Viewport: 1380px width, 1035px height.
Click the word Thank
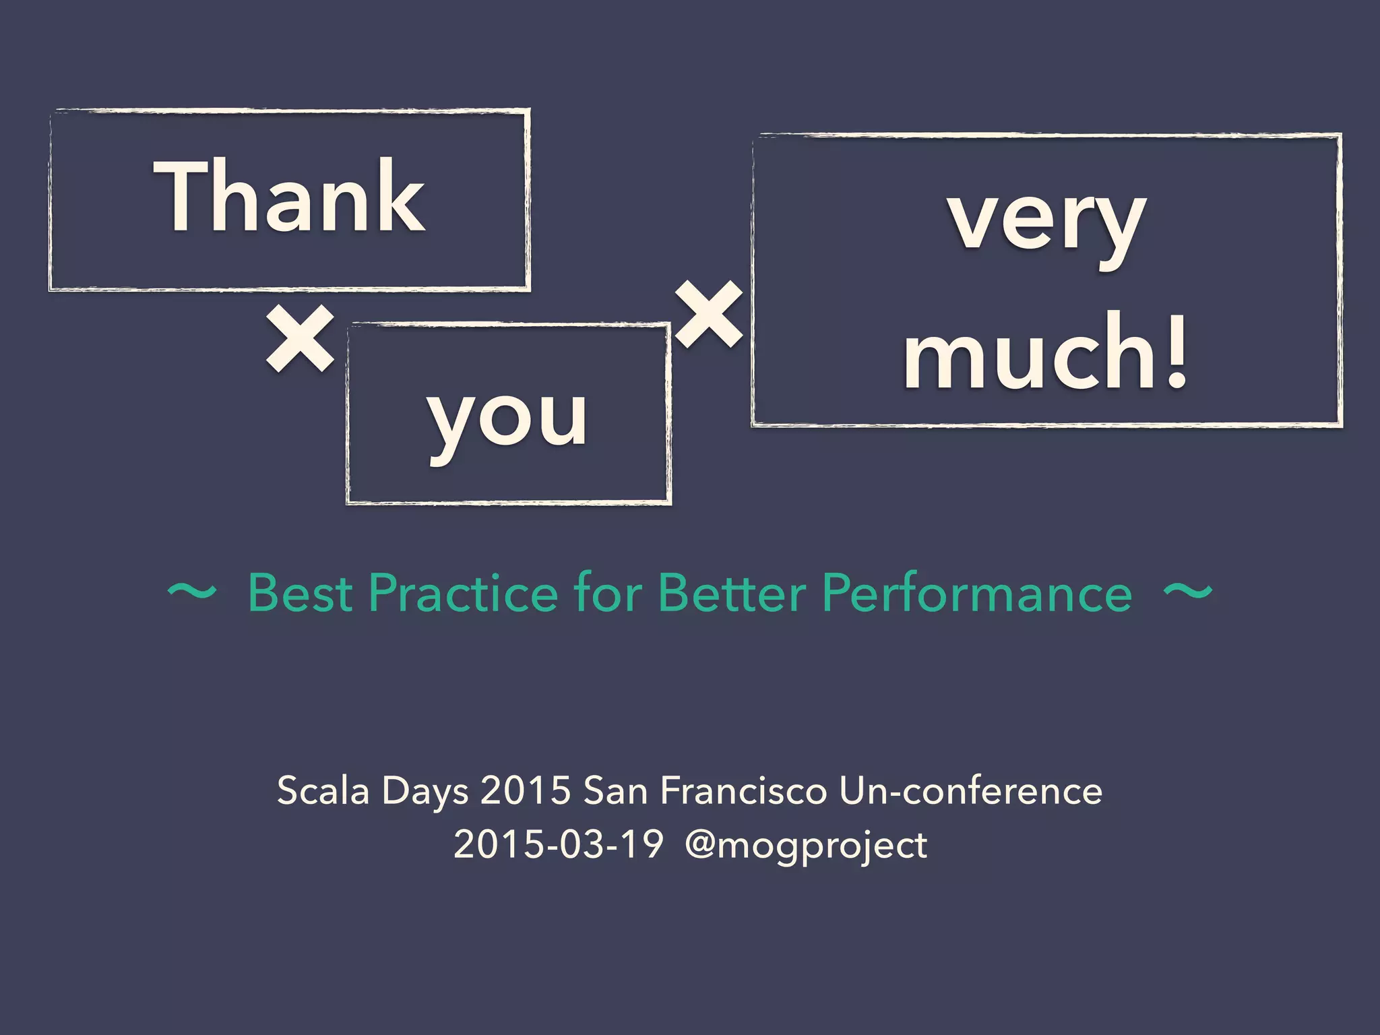pos(290,197)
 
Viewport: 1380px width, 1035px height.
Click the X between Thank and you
pos(300,338)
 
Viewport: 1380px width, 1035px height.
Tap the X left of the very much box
pos(708,315)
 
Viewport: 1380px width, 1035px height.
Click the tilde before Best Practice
pos(192,592)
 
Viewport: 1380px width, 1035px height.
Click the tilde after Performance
pos(1188,592)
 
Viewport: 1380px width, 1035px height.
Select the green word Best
pos(300,594)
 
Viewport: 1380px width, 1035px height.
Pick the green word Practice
pos(463,594)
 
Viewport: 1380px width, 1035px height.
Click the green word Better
pos(731,594)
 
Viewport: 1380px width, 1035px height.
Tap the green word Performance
pos(977,594)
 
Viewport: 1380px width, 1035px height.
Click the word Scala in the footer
pos(323,790)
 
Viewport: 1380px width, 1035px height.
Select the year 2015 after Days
pos(526,790)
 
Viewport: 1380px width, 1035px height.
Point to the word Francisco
pos(743,790)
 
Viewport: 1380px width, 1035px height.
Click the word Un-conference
pos(970,790)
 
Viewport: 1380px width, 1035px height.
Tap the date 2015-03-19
pos(559,844)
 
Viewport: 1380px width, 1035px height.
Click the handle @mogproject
pos(806,846)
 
